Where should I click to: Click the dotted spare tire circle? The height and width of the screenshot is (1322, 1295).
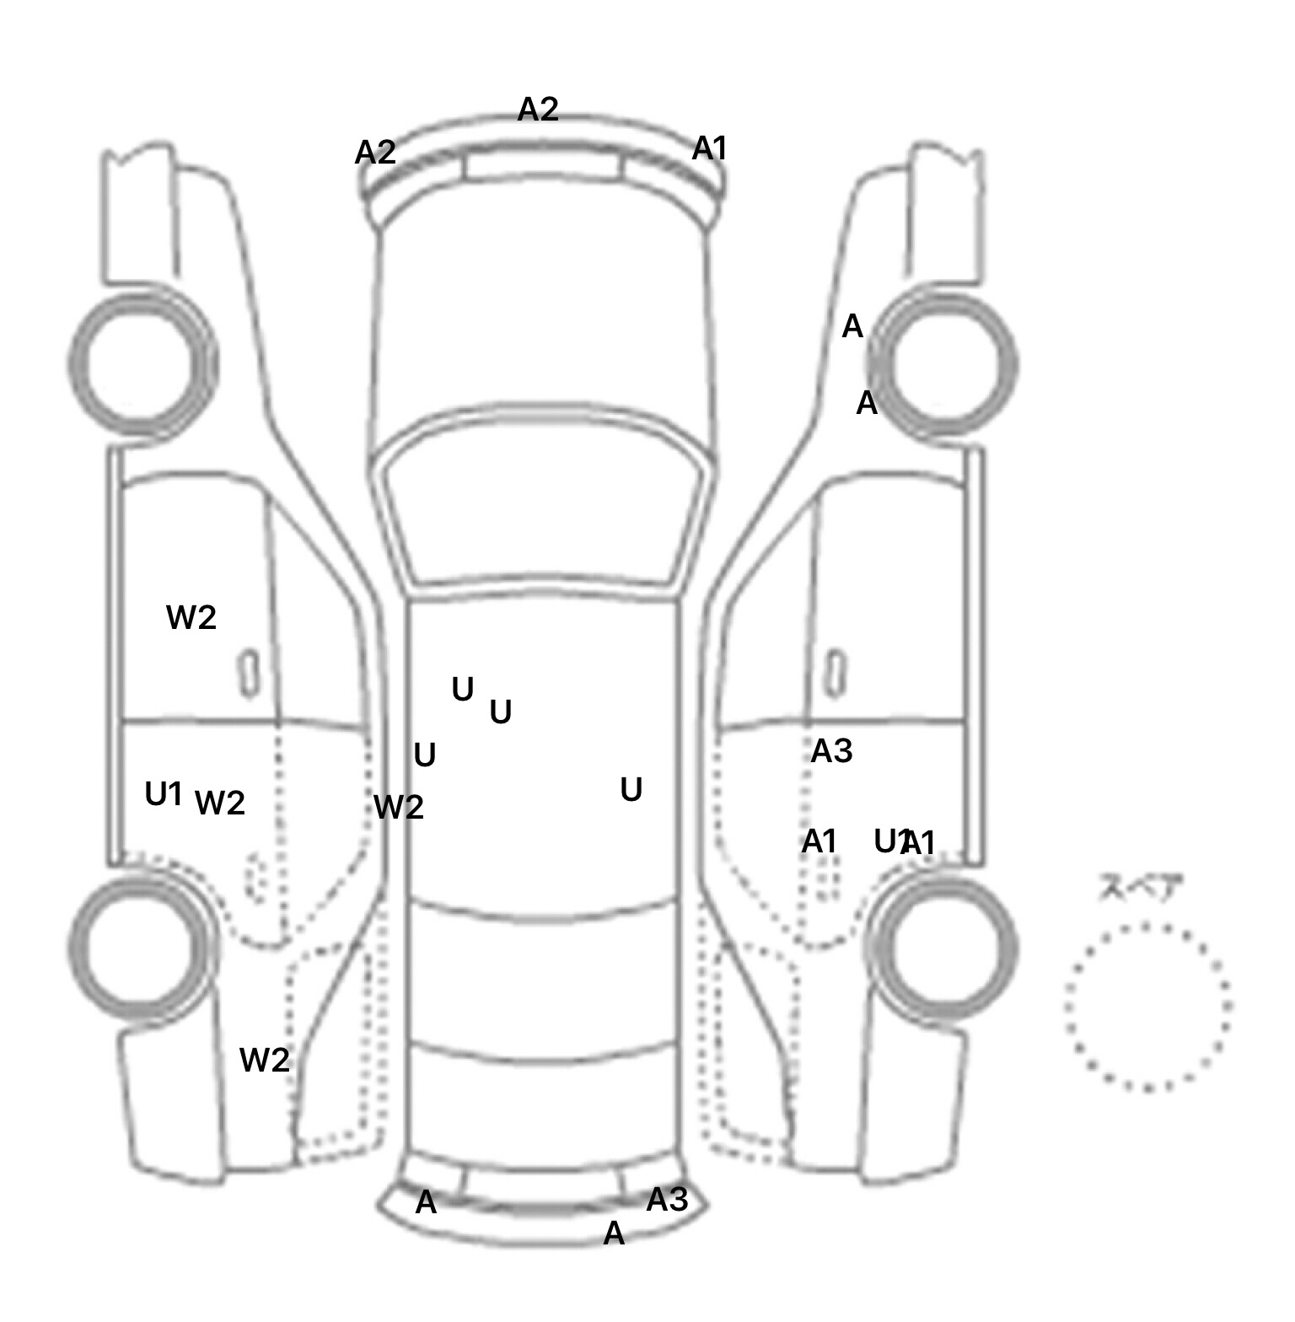tap(1147, 1007)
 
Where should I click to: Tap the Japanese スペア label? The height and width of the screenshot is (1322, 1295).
tap(1140, 889)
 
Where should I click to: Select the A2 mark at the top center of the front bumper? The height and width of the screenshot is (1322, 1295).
tap(538, 109)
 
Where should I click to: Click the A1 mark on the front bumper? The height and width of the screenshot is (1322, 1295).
tap(709, 148)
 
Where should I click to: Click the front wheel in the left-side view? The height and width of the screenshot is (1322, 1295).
tap(141, 364)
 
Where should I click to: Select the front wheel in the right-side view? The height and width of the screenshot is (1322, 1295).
tap(943, 364)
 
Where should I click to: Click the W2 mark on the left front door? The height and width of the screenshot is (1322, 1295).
tap(191, 618)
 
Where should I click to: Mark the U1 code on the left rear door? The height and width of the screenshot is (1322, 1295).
tap(164, 793)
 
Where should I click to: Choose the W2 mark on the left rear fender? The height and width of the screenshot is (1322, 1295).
tap(265, 1060)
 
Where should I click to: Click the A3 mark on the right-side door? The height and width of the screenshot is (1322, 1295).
tap(831, 750)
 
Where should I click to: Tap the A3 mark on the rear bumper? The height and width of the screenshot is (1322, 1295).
tap(667, 1199)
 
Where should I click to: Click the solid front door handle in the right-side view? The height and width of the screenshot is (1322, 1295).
tap(835, 673)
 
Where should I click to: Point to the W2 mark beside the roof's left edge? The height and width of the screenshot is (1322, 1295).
tap(399, 808)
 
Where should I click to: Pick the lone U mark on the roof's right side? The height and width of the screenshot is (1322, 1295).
tap(631, 790)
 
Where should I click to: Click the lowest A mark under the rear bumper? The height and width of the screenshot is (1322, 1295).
tap(614, 1233)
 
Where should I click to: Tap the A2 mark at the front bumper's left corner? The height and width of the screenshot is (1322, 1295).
tap(375, 153)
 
